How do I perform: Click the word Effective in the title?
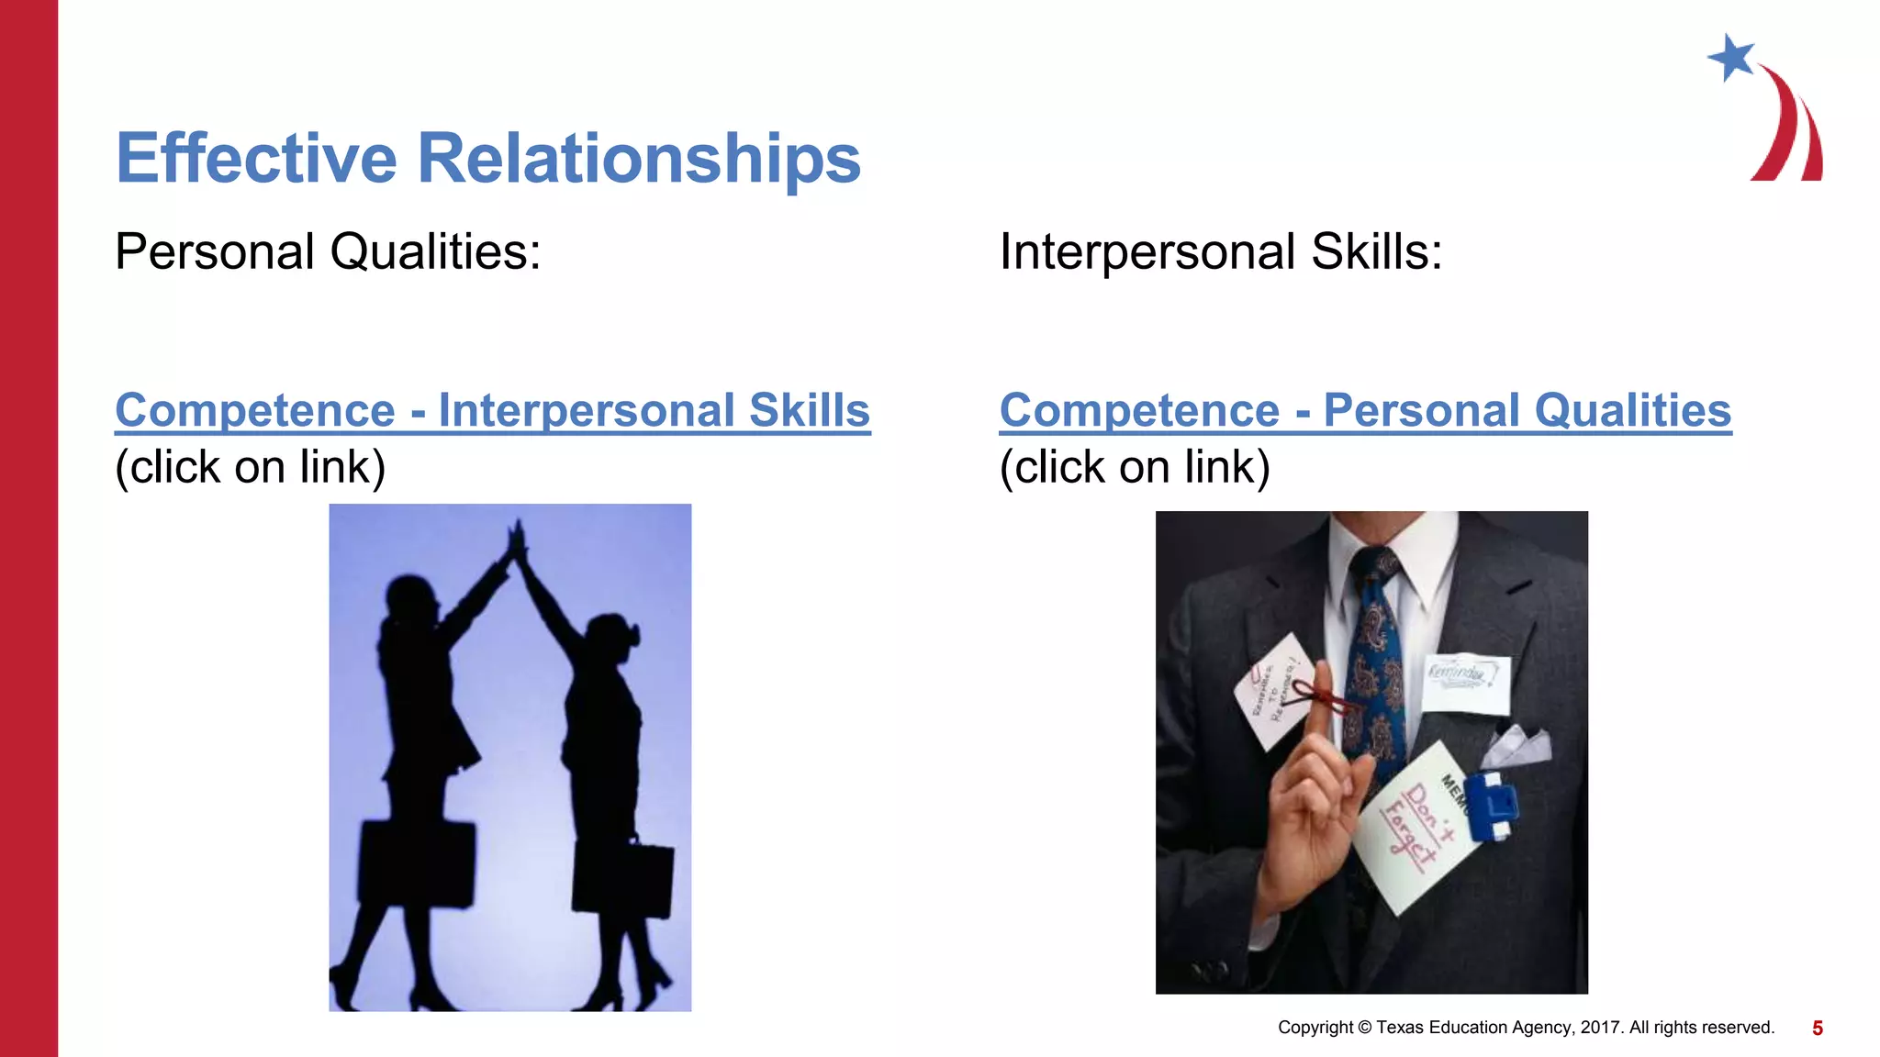pyautogui.click(x=256, y=159)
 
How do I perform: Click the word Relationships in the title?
pyautogui.click(x=639, y=159)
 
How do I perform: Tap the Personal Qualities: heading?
pyautogui.click(x=328, y=251)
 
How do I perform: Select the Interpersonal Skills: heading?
pyautogui.click(x=1220, y=251)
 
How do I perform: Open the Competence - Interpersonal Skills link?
pyautogui.click(x=492, y=410)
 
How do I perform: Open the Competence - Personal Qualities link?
pyautogui.click(x=1365, y=410)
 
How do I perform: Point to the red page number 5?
pyautogui.click(x=1817, y=1029)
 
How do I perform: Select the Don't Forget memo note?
pyautogui.click(x=1418, y=826)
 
